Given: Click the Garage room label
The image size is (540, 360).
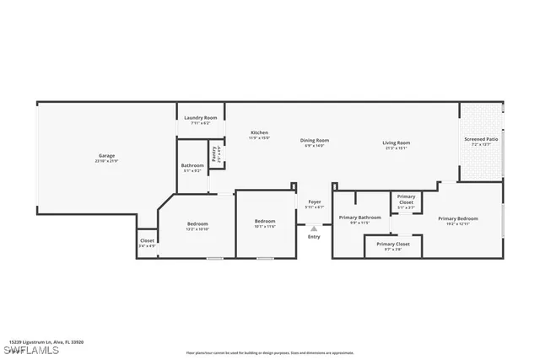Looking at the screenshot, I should click(107, 156).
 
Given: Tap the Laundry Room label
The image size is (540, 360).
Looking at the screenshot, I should click(200, 118).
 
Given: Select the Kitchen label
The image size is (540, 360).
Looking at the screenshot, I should click(259, 133).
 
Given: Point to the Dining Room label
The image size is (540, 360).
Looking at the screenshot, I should click(315, 140).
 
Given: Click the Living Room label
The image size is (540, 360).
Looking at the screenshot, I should click(396, 143).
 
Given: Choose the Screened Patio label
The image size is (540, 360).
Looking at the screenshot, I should click(481, 139).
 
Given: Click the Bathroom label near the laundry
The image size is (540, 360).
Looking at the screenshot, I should click(192, 166).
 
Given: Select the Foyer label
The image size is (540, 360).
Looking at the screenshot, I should click(314, 201).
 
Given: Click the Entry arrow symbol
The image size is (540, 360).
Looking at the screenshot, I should click(314, 228).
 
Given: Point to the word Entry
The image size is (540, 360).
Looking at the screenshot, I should click(314, 237).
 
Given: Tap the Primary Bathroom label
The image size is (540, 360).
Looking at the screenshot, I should click(360, 218).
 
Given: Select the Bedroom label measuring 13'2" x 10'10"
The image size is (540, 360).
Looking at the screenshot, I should click(197, 224).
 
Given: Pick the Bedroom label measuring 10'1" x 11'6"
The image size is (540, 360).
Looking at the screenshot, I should click(265, 223).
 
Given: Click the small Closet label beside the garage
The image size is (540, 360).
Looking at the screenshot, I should click(147, 242).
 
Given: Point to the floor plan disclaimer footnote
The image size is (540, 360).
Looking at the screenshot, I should click(270, 353).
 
